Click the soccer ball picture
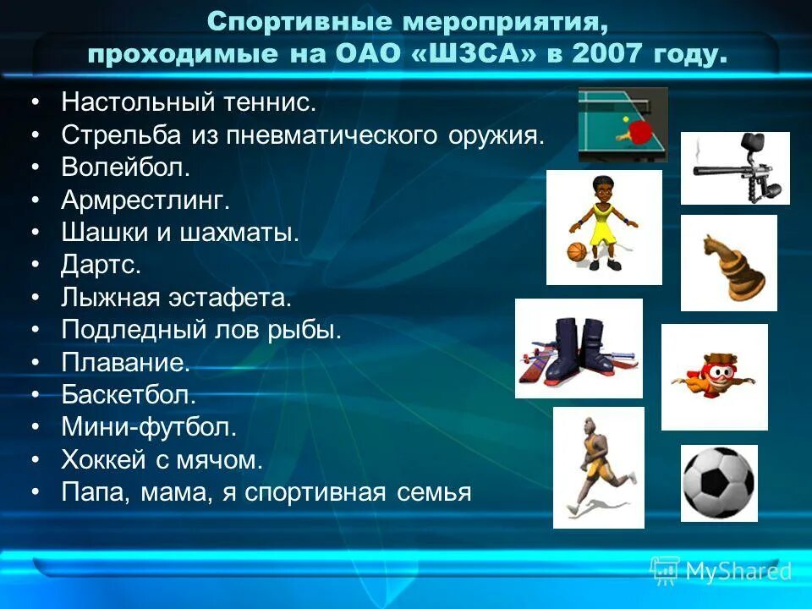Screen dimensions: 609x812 pyautogui.click(x=719, y=483)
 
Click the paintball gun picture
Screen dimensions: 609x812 pyautogui.click(x=734, y=167)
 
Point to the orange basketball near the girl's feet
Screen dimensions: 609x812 pyautogui.click(x=576, y=252)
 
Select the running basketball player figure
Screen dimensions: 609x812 pyautogui.click(x=596, y=467)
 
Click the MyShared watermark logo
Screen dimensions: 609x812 pyautogui.click(x=721, y=571)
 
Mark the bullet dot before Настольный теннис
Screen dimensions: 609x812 pyautogui.click(x=36, y=103)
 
